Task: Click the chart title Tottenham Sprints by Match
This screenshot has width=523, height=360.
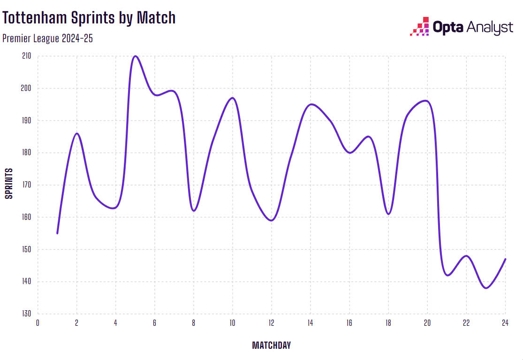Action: [x=89, y=18]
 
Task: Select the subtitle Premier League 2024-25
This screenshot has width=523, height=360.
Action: [x=47, y=38]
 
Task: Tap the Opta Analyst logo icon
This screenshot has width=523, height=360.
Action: [x=420, y=27]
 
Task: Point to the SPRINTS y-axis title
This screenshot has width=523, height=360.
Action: [x=9, y=183]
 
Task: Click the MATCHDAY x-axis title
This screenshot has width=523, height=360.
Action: [x=271, y=345]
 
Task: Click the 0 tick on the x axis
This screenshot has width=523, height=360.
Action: [x=38, y=322]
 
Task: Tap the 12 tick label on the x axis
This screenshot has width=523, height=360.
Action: [x=271, y=322]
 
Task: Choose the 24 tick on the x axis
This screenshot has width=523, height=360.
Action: [x=505, y=322]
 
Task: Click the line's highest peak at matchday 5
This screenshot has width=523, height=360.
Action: [x=135, y=56]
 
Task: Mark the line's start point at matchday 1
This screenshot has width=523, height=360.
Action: [x=57, y=233]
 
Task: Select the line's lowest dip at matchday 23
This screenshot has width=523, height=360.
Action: [x=485, y=288]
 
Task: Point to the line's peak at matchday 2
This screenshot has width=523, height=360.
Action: [x=77, y=134]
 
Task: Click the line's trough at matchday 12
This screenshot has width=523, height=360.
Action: [x=271, y=220]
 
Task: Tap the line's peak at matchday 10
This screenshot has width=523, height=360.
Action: [x=232, y=98]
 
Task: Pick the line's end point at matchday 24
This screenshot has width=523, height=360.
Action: [x=505, y=259]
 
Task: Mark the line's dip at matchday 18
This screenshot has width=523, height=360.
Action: [x=388, y=214]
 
